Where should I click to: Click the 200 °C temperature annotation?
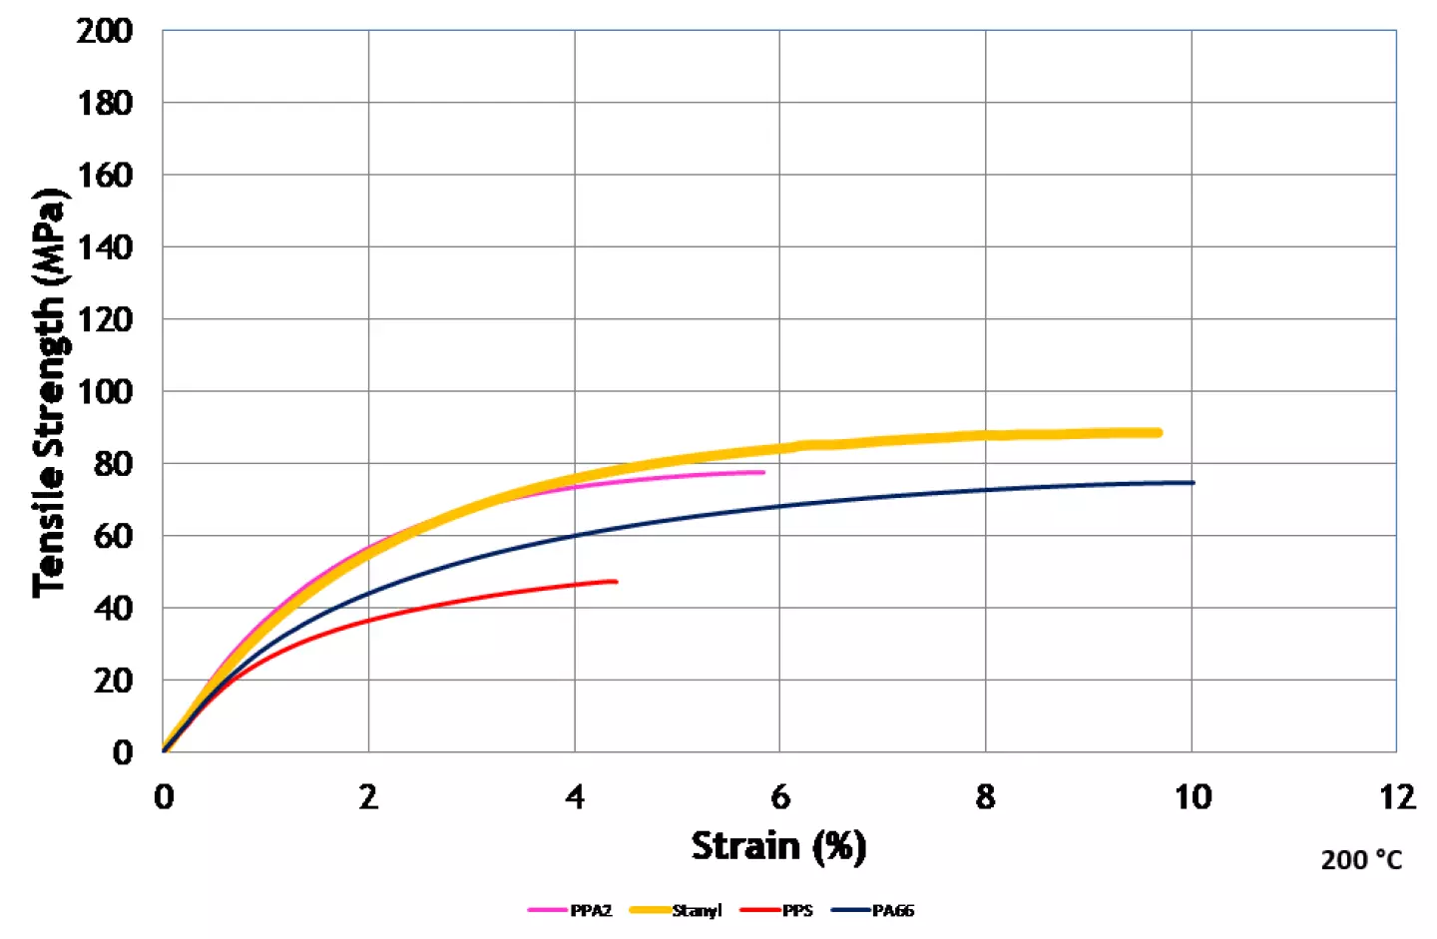1361,860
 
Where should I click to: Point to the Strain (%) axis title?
778,846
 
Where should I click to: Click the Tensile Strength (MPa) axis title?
49,392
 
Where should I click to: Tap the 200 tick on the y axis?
105,31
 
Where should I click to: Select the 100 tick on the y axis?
105,391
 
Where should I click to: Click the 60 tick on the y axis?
113,536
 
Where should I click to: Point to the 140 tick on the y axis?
105,246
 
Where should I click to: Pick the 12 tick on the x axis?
1397,797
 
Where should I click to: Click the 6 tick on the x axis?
780,797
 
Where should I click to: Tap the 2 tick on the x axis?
369,797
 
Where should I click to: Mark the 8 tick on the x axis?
986,797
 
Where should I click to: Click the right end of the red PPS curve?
615,581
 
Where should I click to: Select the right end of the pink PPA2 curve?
762,472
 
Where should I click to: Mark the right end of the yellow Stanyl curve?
1158,432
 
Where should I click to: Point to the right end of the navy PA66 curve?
1192,483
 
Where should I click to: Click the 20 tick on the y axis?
113,681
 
